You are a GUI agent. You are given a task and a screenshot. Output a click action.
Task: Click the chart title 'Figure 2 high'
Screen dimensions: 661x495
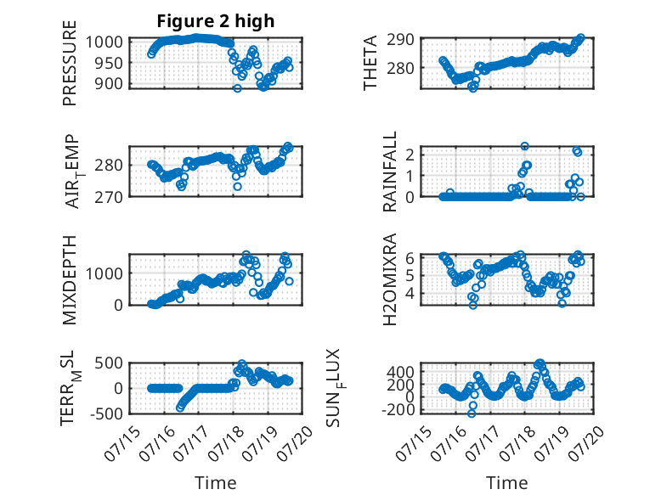[216, 21]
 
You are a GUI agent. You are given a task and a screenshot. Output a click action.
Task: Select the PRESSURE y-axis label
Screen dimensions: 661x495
[70, 63]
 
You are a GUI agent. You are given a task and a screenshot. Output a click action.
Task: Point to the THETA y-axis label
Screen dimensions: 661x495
[370, 63]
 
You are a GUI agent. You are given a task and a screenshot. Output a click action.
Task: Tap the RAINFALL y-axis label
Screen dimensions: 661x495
[389, 172]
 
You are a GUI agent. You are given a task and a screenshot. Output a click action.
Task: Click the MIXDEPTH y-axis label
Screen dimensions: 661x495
[70, 279]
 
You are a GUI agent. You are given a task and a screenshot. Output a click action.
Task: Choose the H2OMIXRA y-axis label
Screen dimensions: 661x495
[389, 279]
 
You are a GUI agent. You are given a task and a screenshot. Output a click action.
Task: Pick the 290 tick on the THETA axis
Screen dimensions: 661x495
[400, 40]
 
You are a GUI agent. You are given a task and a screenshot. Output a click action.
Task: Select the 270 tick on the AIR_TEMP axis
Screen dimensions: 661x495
[109, 197]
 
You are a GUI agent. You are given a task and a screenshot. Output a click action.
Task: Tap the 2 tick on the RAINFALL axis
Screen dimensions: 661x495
[410, 154]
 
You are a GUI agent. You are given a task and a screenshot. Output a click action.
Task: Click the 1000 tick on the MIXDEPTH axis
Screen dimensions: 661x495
[105, 274]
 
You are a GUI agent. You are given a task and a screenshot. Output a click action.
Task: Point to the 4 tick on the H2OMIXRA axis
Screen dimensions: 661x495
[410, 293]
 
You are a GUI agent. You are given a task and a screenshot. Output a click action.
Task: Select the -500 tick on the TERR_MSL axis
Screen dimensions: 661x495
[106, 413]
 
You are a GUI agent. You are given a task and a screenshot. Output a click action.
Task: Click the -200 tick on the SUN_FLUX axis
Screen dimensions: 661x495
[398, 409]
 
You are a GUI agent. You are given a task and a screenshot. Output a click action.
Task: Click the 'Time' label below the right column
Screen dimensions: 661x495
[507, 483]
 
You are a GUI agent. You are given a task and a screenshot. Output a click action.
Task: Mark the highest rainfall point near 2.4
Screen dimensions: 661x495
[524, 146]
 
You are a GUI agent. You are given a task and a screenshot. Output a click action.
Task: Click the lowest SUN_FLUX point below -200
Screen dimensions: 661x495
[472, 413]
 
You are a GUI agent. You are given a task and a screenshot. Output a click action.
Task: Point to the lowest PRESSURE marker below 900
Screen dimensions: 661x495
[237, 88]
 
